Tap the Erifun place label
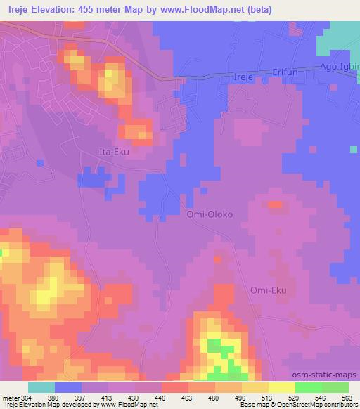click(x=286, y=72)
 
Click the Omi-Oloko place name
click(x=209, y=214)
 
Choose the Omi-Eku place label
click(x=269, y=290)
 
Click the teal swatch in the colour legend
click(x=41, y=387)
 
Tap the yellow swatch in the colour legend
click(x=282, y=387)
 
